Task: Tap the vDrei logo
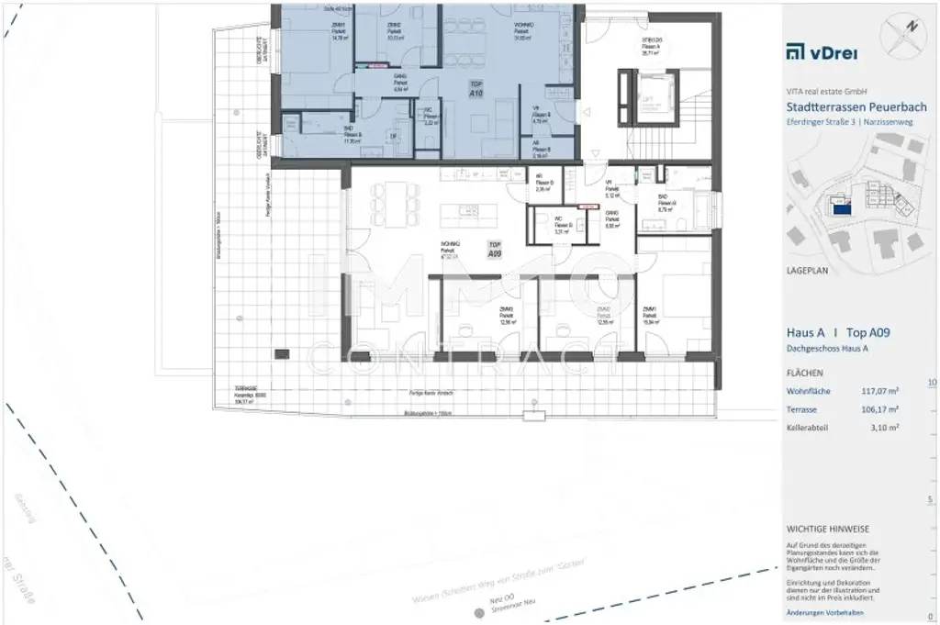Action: point(822,51)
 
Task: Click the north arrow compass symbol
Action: point(904,34)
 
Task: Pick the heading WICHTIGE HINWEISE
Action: point(828,529)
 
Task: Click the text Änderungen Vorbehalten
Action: point(825,612)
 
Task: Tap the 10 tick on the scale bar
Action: point(932,382)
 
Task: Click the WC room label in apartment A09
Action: point(557,221)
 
